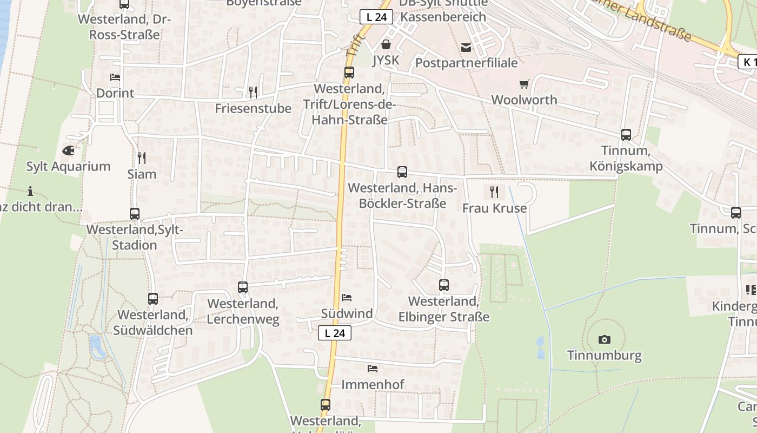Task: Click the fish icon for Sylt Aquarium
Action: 68,150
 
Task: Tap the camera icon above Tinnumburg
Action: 605,340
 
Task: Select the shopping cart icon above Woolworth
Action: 524,84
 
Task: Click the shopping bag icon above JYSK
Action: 386,44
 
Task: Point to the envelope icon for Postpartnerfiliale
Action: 466,48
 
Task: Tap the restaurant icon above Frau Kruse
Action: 494,192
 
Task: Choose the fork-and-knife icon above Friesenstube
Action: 253,93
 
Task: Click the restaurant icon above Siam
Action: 142,158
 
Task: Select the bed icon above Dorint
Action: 115,77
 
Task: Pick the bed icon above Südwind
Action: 347,298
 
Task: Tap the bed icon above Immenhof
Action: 373,369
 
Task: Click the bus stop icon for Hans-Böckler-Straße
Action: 402,172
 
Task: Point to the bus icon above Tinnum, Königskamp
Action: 626,135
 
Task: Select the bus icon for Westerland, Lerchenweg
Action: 243,287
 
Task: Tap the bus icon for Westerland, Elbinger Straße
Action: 444,285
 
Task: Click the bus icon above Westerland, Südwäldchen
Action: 153,298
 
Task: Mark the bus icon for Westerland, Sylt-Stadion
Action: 135,214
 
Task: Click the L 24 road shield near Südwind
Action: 335,333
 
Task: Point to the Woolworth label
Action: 524,100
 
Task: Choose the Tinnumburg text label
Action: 605,356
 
